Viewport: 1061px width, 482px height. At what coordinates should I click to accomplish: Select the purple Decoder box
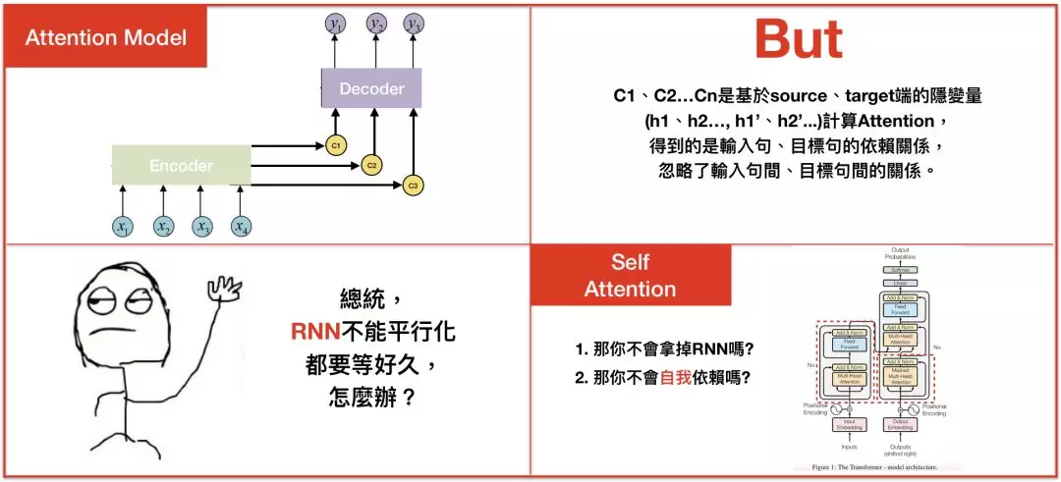(x=371, y=88)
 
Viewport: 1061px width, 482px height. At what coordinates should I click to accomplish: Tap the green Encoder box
(x=181, y=166)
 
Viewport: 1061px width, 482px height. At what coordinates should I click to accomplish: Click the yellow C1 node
(x=335, y=145)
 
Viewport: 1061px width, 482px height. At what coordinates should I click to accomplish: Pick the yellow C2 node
(x=372, y=165)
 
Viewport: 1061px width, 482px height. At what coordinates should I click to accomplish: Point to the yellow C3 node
(x=413, y=185)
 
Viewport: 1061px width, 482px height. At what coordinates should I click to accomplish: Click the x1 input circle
(x=123, y=227)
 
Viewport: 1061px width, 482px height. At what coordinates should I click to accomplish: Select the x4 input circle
(x=241, y=227)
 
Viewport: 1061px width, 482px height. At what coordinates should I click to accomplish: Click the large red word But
(x=798, y=39)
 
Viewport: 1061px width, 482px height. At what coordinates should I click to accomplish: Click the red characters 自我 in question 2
(x=675, y=375)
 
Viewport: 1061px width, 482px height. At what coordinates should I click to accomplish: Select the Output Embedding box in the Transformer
(x=900, y=424)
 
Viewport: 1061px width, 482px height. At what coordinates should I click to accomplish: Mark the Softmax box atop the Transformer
(x=900, y=268)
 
